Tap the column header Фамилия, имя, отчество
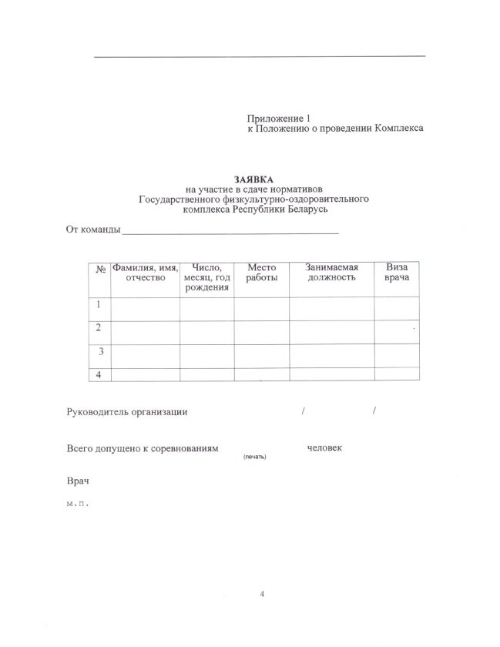point(146,272)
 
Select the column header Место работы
point(262,272)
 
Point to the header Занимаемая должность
point(331,272)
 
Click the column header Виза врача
point(396,272)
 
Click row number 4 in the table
point(99,374)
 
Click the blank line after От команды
point(230,230)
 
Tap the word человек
point(324,448)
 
